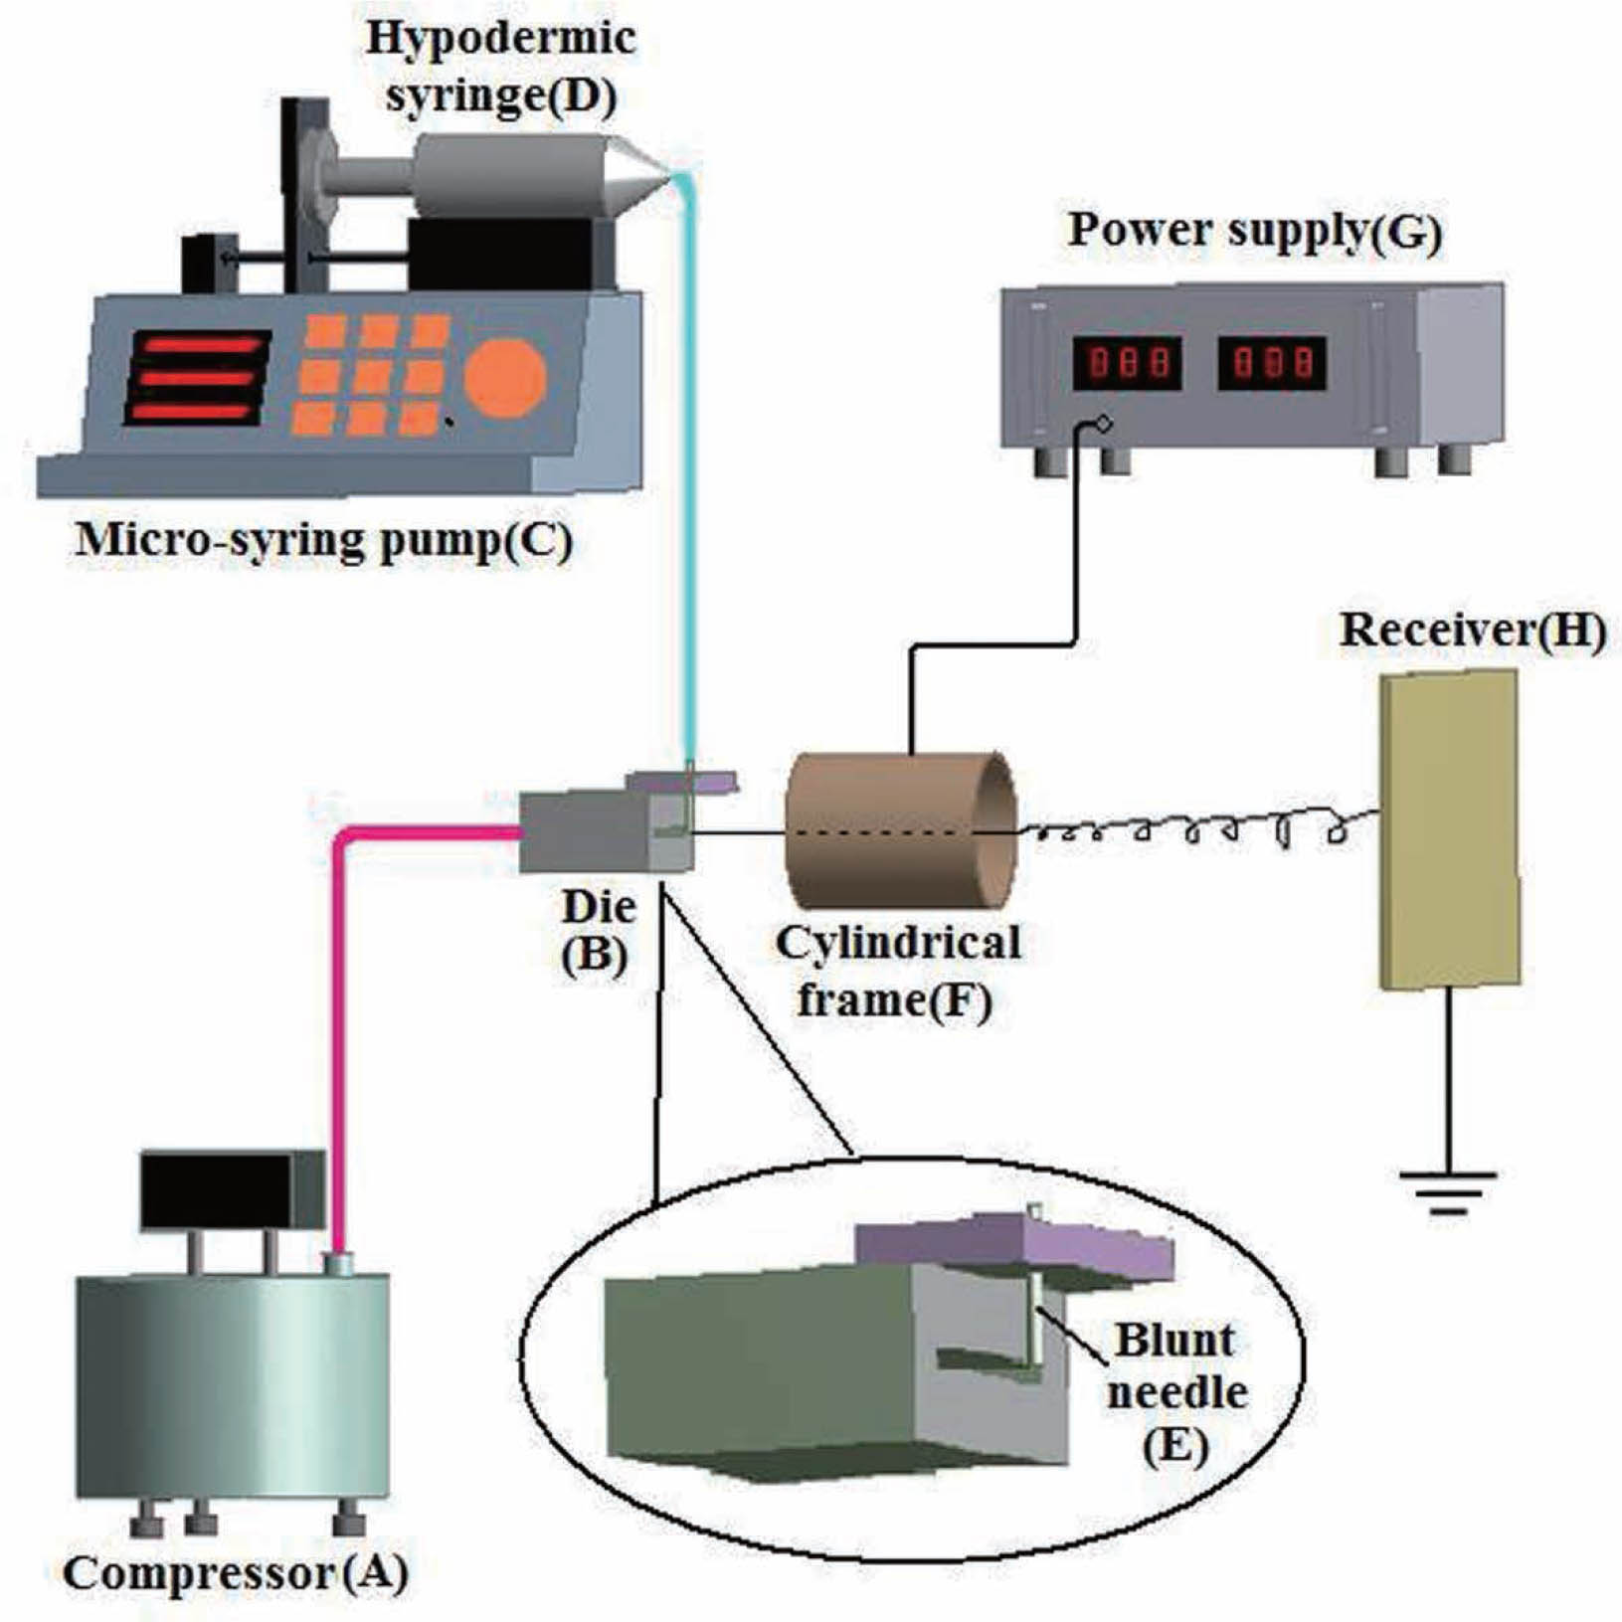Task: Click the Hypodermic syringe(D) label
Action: [x=500, y=68]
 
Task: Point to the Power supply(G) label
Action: [x=1254, y=231]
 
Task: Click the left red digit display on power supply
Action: [x=1127, y=363]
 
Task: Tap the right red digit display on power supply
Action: [x=1272, y=363]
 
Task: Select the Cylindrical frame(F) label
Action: [x=897, y=971]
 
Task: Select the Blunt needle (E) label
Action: [x=1176, y=1391]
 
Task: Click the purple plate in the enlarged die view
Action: [x=1014, y=1245]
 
